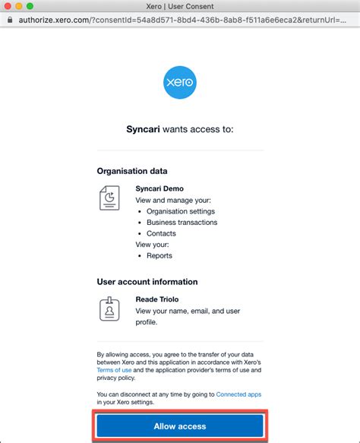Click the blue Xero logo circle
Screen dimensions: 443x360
click(180, 82)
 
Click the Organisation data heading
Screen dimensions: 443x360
click(132, 171)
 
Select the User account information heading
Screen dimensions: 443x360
click(147, 282)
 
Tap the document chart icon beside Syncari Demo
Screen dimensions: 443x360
click(109, 198)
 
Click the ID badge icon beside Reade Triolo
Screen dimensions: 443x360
click(109, 309)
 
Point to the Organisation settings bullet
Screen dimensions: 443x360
click(181, 211)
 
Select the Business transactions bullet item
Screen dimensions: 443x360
click(182, 223)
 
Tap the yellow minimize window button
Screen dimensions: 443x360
click(22, 8)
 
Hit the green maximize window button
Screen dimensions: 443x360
click(35, 8)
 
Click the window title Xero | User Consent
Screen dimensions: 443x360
click(180, 8)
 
